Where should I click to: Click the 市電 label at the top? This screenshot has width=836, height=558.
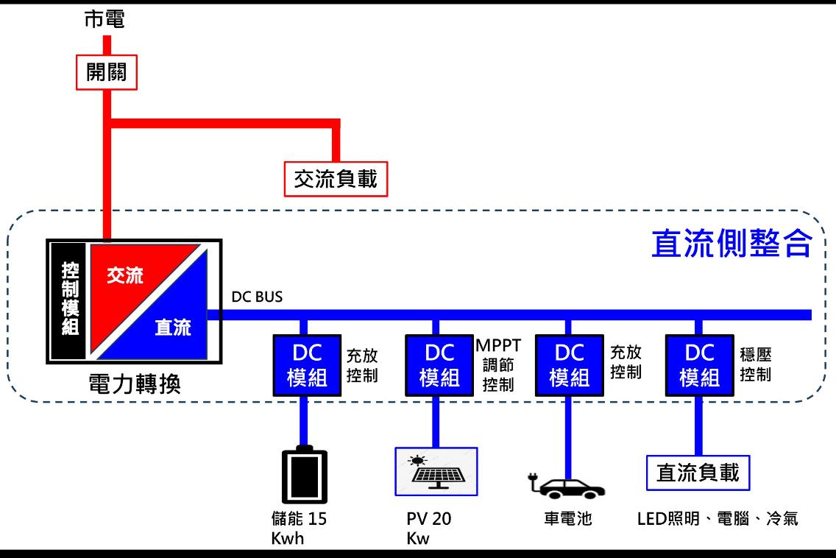point(104,19)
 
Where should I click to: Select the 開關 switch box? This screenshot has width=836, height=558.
point(107,71)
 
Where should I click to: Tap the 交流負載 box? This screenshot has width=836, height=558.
point(336,179)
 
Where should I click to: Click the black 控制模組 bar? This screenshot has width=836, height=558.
point(71,300)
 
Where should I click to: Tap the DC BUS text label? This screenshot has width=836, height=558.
point(257,297)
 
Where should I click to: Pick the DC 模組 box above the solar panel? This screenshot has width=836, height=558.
point(439,365)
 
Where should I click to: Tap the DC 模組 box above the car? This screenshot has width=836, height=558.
point(570,365)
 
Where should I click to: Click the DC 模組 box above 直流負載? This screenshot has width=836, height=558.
point(699,365)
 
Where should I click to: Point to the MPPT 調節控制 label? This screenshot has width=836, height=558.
point(498,365)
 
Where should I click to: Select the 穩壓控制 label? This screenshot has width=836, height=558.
point(756,364)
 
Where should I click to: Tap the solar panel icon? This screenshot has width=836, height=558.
point(436,471)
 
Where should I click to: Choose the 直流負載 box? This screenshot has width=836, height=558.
point(698,473)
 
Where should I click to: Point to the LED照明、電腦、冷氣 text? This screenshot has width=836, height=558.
point(717,519)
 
